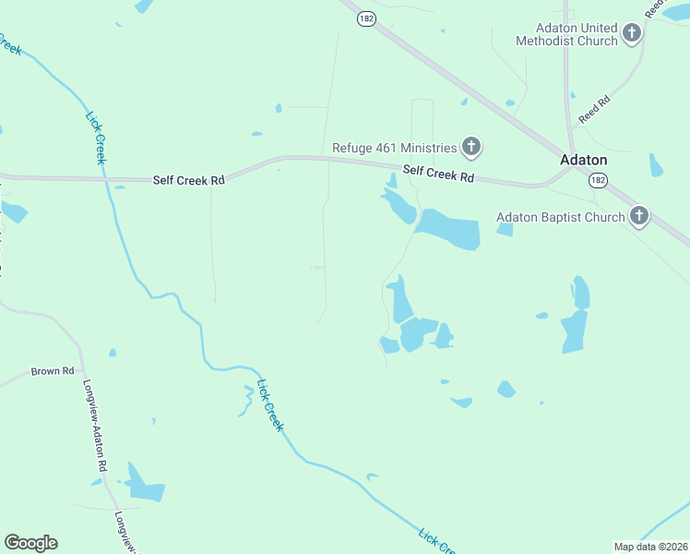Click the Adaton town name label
pos(583,159)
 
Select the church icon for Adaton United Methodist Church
pos(632,34)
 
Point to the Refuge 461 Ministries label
pos(395,148)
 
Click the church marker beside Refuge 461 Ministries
pos(471,146)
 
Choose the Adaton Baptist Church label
pos(560,218)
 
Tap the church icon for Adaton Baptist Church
pos(638,217)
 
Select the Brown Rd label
pos(53,371)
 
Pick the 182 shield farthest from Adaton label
pos(366,18)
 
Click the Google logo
pos(30,543)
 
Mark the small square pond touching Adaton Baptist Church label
pos(505,229)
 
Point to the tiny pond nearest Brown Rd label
pos(113,353)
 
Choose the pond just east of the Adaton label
pos(655,166)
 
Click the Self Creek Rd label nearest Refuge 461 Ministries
pos(438,174)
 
